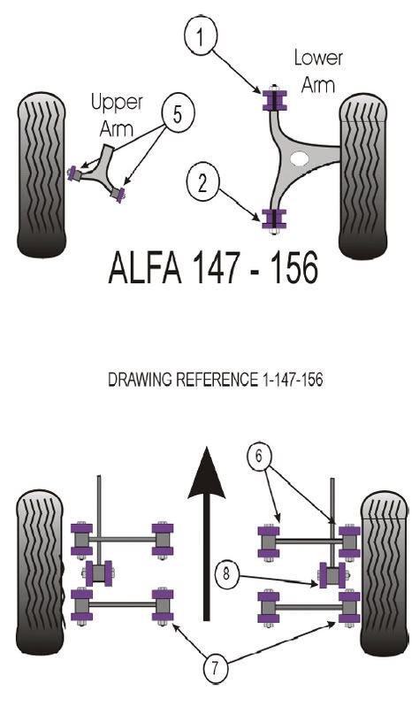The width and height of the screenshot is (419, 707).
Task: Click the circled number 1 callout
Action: pos(201,35)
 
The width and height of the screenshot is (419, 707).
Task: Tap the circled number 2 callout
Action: pos(202,182)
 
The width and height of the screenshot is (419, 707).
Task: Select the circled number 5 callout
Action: pos(178,113)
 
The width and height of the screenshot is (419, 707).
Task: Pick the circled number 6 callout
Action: pos(259,456)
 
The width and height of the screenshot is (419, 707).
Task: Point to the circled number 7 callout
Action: pos(215,667)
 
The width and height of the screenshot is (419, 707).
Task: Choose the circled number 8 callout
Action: pos(226,573)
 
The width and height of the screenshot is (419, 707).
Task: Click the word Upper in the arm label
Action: pos(117,103)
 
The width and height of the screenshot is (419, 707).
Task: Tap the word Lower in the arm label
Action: pos(318,58)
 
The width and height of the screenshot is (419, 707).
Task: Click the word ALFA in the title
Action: pos(145,268)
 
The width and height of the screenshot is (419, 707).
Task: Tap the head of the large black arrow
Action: pos(207,473)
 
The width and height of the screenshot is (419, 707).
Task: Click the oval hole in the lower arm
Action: pos(300,158)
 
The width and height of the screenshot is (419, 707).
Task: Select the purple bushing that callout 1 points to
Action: pos(274,100)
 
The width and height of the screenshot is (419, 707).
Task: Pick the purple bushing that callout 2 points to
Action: pos(274,219)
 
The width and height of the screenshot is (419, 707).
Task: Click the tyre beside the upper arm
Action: pos(42,175)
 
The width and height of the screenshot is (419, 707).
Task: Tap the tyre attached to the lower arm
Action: pos(363,176)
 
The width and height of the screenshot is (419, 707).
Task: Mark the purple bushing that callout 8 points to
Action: pos(332,575)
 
